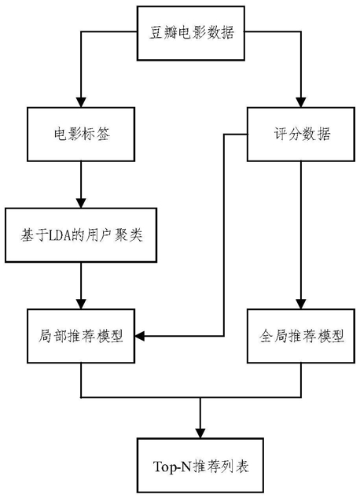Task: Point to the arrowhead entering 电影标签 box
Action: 81,102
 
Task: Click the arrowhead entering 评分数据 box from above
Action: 301,102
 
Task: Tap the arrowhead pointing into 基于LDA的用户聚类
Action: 81,203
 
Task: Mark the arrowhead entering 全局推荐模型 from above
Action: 301,304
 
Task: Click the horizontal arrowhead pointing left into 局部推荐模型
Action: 140,336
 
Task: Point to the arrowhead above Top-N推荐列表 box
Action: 200,433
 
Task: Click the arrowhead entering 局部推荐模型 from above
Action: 81,304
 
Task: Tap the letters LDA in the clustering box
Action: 60,236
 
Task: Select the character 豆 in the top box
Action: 156,33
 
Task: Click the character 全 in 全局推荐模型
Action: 266,336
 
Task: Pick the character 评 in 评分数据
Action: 281,134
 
